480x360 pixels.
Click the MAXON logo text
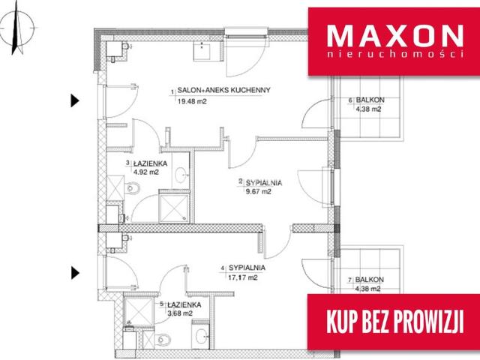[x=395, y=36]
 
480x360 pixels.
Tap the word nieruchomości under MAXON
[x=395, y=54]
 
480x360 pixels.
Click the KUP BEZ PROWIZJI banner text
[x=395, y=322]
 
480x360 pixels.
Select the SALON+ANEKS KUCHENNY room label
[x=223, y=90]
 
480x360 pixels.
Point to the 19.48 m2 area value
[x=192, y=101]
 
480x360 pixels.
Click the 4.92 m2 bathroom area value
[x=146, y=172]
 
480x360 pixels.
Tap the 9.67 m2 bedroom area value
[x=259, y=192]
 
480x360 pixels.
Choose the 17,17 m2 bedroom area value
[x=243, y=277]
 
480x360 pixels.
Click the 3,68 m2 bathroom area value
[x=180, y=313]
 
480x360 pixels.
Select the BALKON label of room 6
[x=370, y=100]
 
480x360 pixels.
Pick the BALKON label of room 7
[x=370, y=280]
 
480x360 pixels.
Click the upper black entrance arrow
[x=75, y=100]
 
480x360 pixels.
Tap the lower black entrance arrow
[x=75, y=273]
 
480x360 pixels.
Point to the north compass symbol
[x=17, y=28]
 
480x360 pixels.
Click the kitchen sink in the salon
[x=202, y=51]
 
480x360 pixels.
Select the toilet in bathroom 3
[x=132, y=188]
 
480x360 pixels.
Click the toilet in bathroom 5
[x=163, y=340]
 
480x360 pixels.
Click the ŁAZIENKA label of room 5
[x=184, y=305]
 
